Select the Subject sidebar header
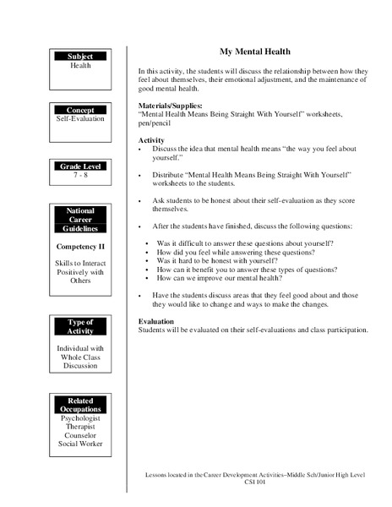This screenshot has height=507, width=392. click(80, 56)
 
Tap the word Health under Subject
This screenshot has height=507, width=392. click(80, 65)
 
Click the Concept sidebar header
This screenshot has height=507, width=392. click(80, 110)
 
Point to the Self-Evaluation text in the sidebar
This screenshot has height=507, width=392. click(80, 120)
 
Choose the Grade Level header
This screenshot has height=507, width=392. click(80, 166)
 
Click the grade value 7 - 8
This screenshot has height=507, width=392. click(80, 176)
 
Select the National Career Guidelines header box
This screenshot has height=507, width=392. click(80, 220)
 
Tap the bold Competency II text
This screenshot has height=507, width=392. click(80, 246)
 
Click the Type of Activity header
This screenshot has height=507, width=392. click(80, 328)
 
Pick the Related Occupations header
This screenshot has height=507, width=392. click(80, 404)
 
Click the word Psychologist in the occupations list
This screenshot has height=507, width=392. click(80, 418)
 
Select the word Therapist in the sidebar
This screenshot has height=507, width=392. click(80, 427)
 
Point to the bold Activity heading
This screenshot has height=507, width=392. click(151, 139)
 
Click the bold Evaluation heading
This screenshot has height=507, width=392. click(156, 321)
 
